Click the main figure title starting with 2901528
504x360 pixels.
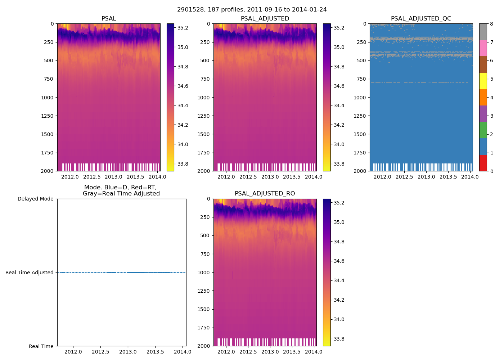(x=252, y=10)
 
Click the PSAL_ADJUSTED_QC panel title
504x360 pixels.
(x=421, y=19)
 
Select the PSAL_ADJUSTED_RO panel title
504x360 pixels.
(x=265, y=194)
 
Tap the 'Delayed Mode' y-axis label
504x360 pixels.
(x=35, y=199)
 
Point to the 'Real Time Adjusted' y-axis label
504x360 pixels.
(x=29, y=273)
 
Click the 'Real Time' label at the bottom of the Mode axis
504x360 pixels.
(x=41, y=346)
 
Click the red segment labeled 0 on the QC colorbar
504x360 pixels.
(x=483, y=163)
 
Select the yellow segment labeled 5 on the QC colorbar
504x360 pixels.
(x=483, y=81)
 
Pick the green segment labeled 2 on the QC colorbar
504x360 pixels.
(x=483, y=130)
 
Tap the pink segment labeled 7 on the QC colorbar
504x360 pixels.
(x=483, y=48)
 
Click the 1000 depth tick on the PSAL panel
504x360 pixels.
(x=47, y=98)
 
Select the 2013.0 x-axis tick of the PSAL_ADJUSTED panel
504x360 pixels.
(x=270, y=177)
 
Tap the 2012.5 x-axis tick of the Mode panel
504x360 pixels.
(x=101, y=352)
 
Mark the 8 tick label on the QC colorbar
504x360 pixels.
(x=492, y=24)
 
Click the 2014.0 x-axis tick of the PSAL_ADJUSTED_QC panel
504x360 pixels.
(x=470, y=177)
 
